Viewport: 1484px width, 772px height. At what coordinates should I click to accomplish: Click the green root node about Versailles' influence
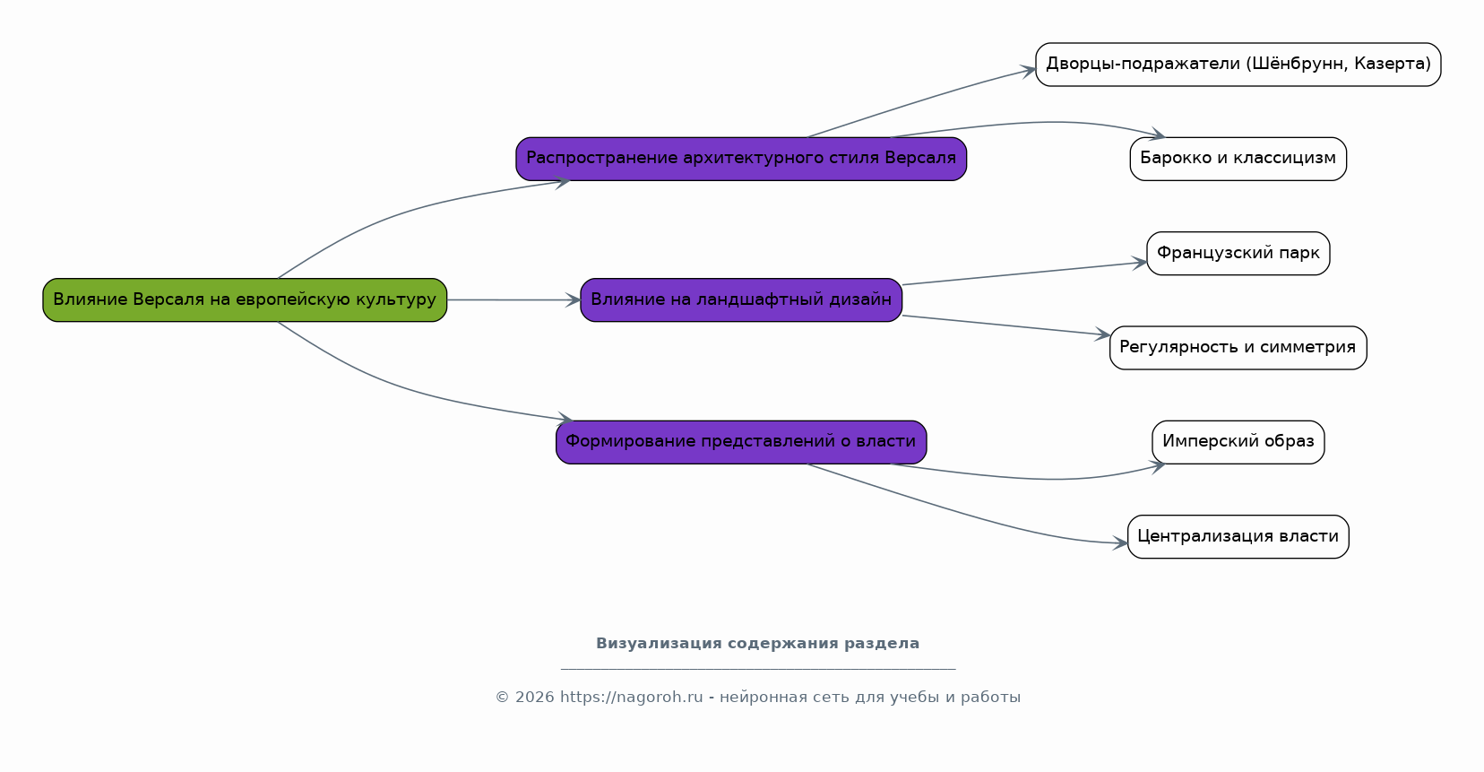pyautogui.click(x=245, y=300)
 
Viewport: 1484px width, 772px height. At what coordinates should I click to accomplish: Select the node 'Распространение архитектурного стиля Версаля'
pyautogui.click(x=741, y=159)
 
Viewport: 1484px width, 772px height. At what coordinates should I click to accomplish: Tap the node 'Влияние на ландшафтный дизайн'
pyautogui.click(x=741, y=300)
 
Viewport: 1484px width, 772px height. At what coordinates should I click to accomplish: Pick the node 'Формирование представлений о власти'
pyautogui.click(x=741, y=442)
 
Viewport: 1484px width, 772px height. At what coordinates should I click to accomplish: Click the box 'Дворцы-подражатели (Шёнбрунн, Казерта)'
pyautogui.click(x=1238, y=65)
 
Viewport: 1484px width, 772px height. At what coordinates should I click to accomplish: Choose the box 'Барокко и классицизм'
pyautogui.click(x=1238, y=159)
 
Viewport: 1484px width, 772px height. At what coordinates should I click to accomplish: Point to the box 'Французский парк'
pyautogui.click(x=1238, y=253)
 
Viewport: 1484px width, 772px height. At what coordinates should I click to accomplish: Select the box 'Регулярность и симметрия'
pyautogui.click(x=1238, y=348)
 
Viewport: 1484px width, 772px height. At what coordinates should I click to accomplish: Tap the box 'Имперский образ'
pyautogui.click(x=1238, y=442)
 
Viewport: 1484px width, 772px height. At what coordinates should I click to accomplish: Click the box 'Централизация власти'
pyautogui.click(x=1238, y=537)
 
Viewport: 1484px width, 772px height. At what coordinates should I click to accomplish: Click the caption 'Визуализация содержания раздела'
pyautogui.click(x=757, y=644)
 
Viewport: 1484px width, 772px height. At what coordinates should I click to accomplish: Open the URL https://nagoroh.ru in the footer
pyautogui.click(x=632, y=697)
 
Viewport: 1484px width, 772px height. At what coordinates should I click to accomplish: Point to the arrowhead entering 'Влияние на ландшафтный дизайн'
pyautogui.click(x=574, y=300)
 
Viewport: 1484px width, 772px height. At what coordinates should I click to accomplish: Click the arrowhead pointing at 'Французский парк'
pyautogui.click(x=1140, y=263)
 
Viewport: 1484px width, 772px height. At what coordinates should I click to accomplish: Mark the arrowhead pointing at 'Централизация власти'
pyautogui.click(x=1120, y=543)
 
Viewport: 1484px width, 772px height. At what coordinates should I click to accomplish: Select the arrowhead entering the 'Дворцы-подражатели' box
pyautogui.click(x=1028, y=70)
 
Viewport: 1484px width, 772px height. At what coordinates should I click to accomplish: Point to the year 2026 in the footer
pyautogui.click(x=535, y=697)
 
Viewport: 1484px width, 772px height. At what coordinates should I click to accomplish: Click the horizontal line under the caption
pyautogui.click(x=758, y=669)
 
